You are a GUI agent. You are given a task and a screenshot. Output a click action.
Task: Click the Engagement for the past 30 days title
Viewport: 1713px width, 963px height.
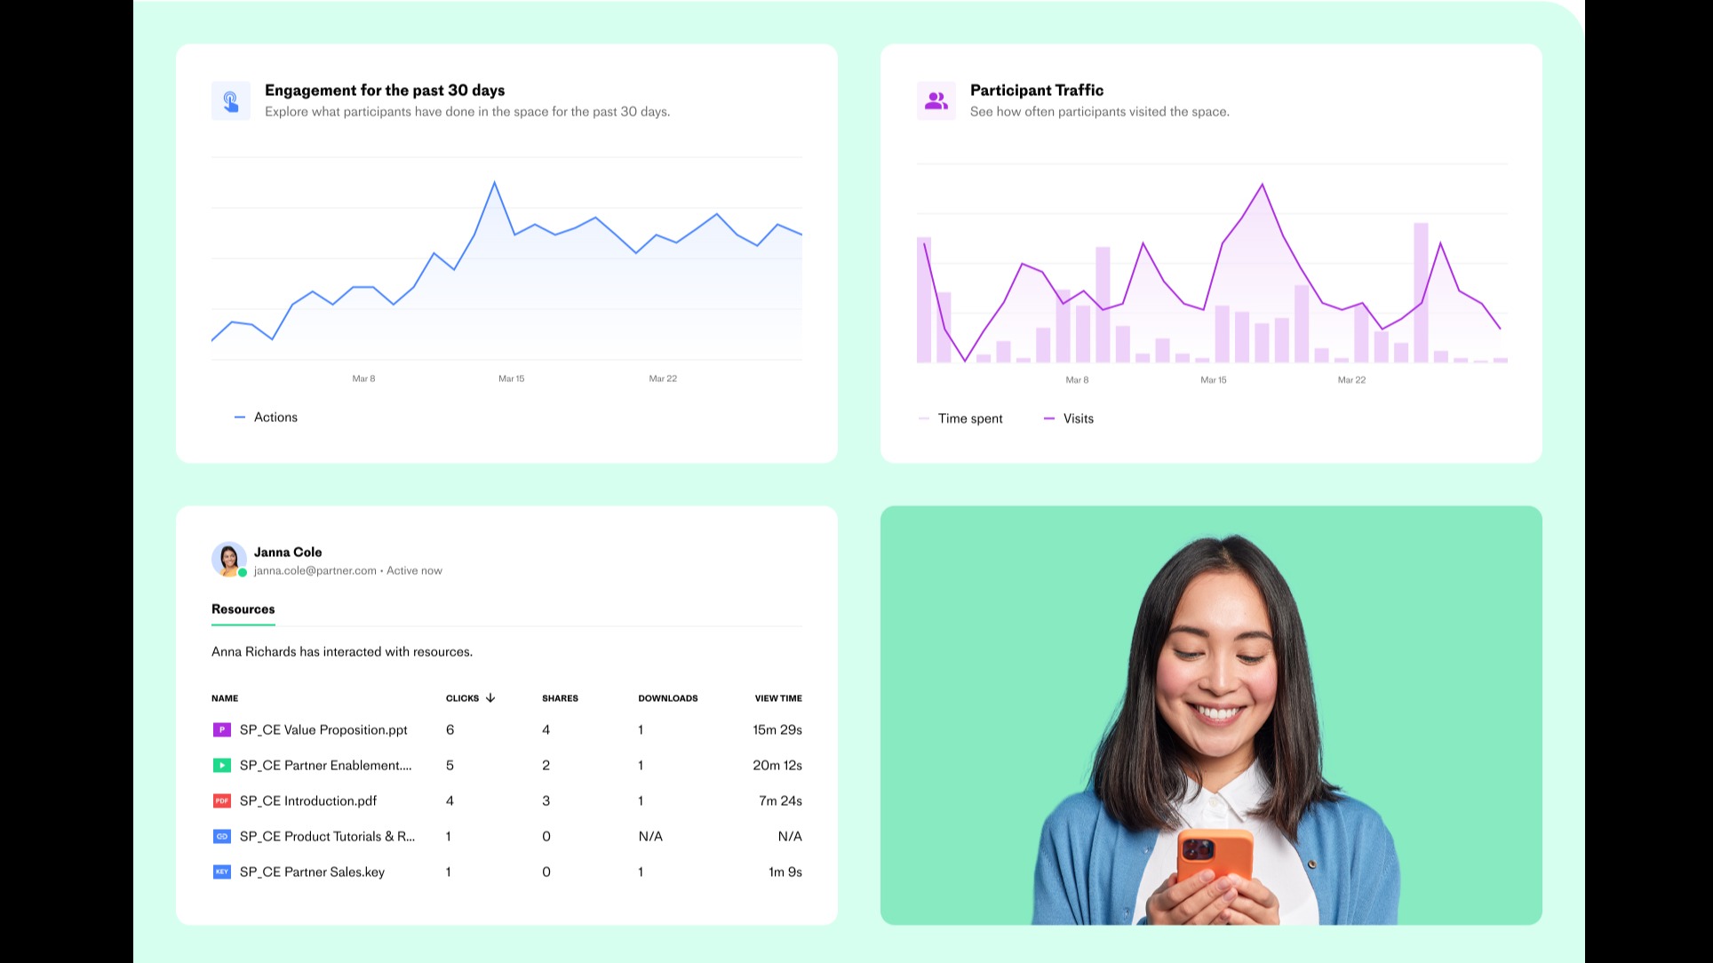(x=384, y=91)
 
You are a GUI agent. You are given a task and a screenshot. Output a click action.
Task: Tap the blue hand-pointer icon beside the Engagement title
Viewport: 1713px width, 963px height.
(x=230, y=101)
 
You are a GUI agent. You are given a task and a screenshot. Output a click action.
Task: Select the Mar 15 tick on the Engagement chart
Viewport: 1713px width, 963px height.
(x=511, y=378)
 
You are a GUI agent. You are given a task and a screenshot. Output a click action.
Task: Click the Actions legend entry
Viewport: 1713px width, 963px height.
(x=275, y=418)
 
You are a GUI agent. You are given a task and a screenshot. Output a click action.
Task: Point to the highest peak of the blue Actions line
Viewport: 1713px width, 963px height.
(x=494, y=183)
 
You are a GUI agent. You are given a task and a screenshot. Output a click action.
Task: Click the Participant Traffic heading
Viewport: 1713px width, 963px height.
(x=1036, y=91)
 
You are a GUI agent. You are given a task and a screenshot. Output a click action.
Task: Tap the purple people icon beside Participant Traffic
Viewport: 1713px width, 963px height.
(x=936, y=101)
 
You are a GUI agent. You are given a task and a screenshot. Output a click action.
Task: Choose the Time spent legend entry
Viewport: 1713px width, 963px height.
(x=969, y=419)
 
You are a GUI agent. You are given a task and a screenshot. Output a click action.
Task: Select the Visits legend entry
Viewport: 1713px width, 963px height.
(x=1078, y=419)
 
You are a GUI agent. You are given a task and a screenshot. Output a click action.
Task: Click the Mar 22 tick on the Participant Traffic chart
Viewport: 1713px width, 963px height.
(x=1351, y=380)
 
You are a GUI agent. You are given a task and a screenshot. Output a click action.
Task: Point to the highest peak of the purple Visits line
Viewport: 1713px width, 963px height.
(x=1262, y=185)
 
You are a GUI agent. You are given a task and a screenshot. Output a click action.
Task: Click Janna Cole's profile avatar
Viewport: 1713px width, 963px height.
(x=228, y=560)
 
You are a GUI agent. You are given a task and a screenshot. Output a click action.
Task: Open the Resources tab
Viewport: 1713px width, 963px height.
(x=243, y=609)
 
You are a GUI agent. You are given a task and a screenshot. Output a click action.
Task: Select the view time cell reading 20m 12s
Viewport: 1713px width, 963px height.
(x=777, y=766)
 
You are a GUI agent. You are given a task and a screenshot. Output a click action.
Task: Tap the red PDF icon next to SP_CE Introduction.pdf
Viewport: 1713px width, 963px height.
(x=221, y=801)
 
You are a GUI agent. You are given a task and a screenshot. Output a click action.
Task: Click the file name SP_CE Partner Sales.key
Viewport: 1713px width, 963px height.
(x=312, y=872)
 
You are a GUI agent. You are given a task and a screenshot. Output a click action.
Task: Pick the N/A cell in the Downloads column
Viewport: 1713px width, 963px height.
(x=649, y=837)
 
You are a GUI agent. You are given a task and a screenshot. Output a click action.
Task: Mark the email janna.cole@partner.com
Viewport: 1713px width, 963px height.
(x=315, y=571)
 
